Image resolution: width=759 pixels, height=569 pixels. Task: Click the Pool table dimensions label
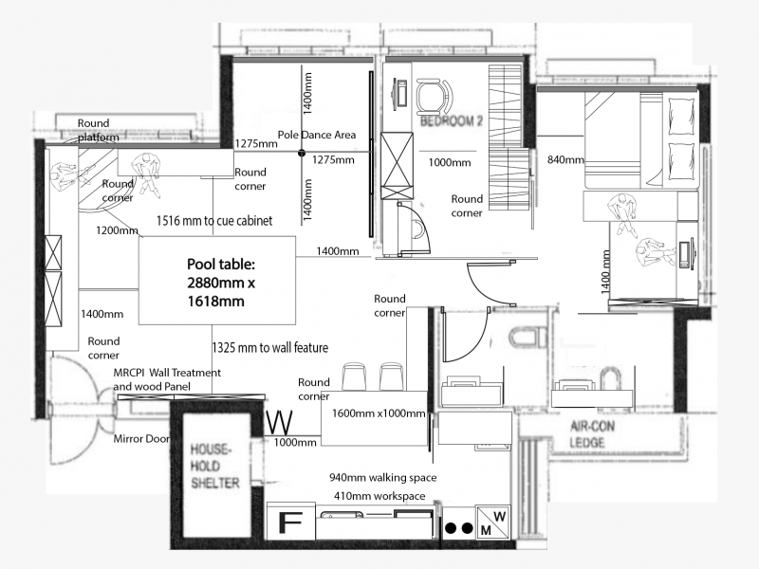[x=221, y=283]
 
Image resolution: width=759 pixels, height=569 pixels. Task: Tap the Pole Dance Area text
[x=317, y=135]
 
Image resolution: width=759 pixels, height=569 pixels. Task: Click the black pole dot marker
[x=302, y=153]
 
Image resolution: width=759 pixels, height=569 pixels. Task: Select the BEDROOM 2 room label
[x=452, y=120]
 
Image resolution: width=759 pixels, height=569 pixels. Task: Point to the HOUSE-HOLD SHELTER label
[x=213, y=466]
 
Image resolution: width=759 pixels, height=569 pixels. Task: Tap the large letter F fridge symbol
[x=290, y=523]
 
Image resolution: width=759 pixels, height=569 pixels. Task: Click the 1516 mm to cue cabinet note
[x=214, y=221]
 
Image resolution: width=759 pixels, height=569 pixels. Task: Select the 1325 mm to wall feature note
[x=270, y=347]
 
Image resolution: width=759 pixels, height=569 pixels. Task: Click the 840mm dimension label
[x=565, y=159]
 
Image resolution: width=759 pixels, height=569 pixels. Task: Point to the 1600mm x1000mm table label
[x=378, y=413]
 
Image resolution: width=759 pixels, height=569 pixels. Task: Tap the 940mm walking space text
[x=383, y=478]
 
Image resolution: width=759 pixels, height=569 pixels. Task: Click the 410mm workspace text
[x=379, y=496]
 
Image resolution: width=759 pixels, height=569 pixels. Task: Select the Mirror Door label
[x=141, y=439]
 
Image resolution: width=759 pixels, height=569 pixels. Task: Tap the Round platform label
[x=99, y=130]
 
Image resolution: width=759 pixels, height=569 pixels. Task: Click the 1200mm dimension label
[x=117, y=230]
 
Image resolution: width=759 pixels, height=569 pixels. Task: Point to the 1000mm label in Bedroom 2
[x=449, y=162]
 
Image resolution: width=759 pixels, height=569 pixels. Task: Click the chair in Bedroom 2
[x=435, y=98]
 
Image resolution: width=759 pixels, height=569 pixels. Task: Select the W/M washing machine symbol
[x=493, y=523]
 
